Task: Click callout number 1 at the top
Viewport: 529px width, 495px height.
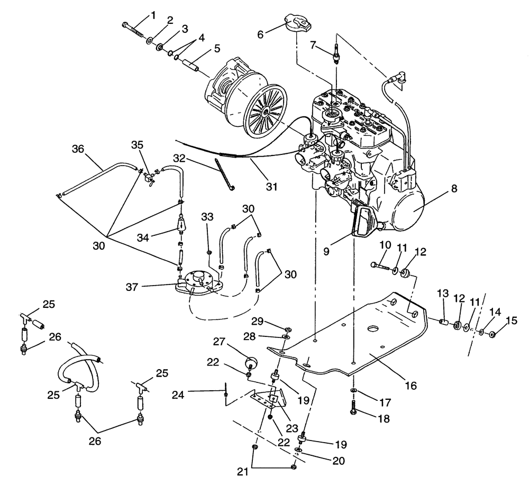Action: coord(153,15)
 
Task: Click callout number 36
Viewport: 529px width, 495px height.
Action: coord(78,150)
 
